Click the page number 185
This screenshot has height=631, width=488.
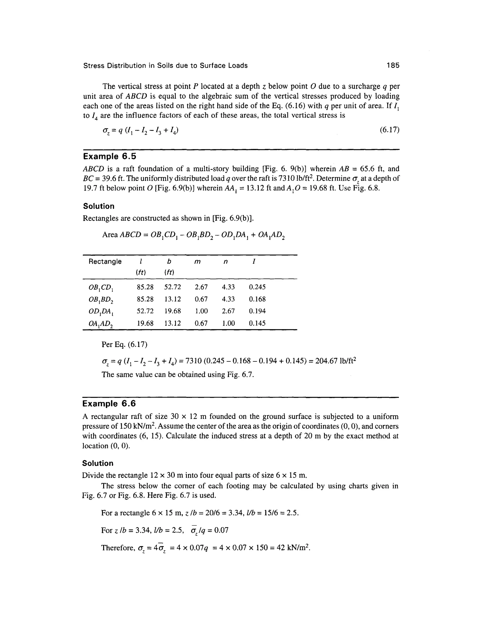393,65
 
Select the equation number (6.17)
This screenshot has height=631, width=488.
389,130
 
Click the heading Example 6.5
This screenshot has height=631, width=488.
109,157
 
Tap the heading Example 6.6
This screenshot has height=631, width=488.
109,404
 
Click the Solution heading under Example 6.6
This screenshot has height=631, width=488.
98,463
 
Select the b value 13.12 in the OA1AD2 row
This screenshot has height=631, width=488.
173,323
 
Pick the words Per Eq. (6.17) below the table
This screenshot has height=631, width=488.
125,345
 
